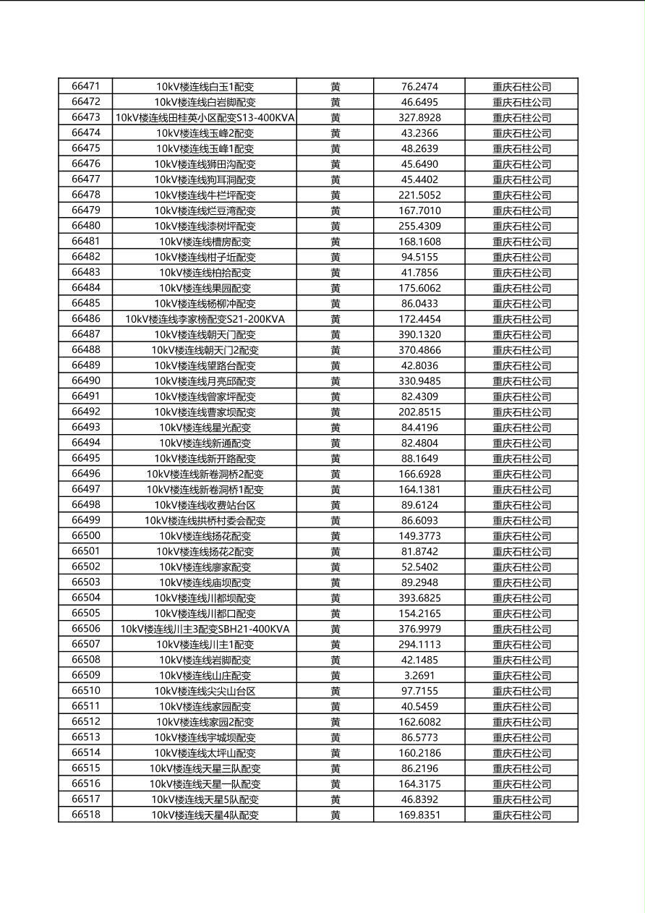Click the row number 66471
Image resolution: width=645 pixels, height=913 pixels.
pyautogui.click(x=86, y=86)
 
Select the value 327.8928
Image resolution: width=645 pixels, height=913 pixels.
pyautogui.click(x=419, y=117)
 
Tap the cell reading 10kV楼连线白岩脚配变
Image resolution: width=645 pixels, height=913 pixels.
pyautogui.click(x=205, y=102)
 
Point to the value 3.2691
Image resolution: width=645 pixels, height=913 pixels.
pyautogui.click(x=419, y=675)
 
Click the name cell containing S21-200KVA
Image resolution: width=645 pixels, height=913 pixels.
pyautogui.click(x=205, y=318)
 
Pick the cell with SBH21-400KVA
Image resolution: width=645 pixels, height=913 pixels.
pyautogui.click(x=205, y=629)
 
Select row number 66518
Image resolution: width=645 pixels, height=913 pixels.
pyautogui.click(x=86, y=815)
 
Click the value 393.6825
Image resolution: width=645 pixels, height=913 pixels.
pyautogui.click(x=419, y=598)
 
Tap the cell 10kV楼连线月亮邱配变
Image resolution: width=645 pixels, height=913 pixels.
pyautogui.click(x=205, y=381)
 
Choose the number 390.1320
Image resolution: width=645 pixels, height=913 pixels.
pyautogui.click(x=419, y=334)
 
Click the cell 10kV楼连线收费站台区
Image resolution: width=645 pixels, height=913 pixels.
pyautogui.click(x=205, y=505)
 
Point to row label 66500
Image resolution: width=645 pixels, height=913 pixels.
pyautogui.click(x=86, y=535)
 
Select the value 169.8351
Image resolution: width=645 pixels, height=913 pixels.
pyautogui.click(x=419, y=815)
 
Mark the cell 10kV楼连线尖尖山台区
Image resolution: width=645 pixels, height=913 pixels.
pyautogui.click(x=205, y=691)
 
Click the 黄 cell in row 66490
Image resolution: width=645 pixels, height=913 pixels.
pyautogui.click(x=336, y=381)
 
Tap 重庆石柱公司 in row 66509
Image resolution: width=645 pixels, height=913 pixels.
pyautogui.click(x=521, y=675)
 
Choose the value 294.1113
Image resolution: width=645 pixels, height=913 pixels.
pyautogui.click(x=419, y=644)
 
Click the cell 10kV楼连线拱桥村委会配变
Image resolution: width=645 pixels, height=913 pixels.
pyautogui.click(x=205, y=520)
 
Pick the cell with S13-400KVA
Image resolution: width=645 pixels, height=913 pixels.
pyautogui.click(x=205, y=117)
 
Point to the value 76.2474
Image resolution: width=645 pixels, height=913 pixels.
pyautogui.click(x=419, y=86)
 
